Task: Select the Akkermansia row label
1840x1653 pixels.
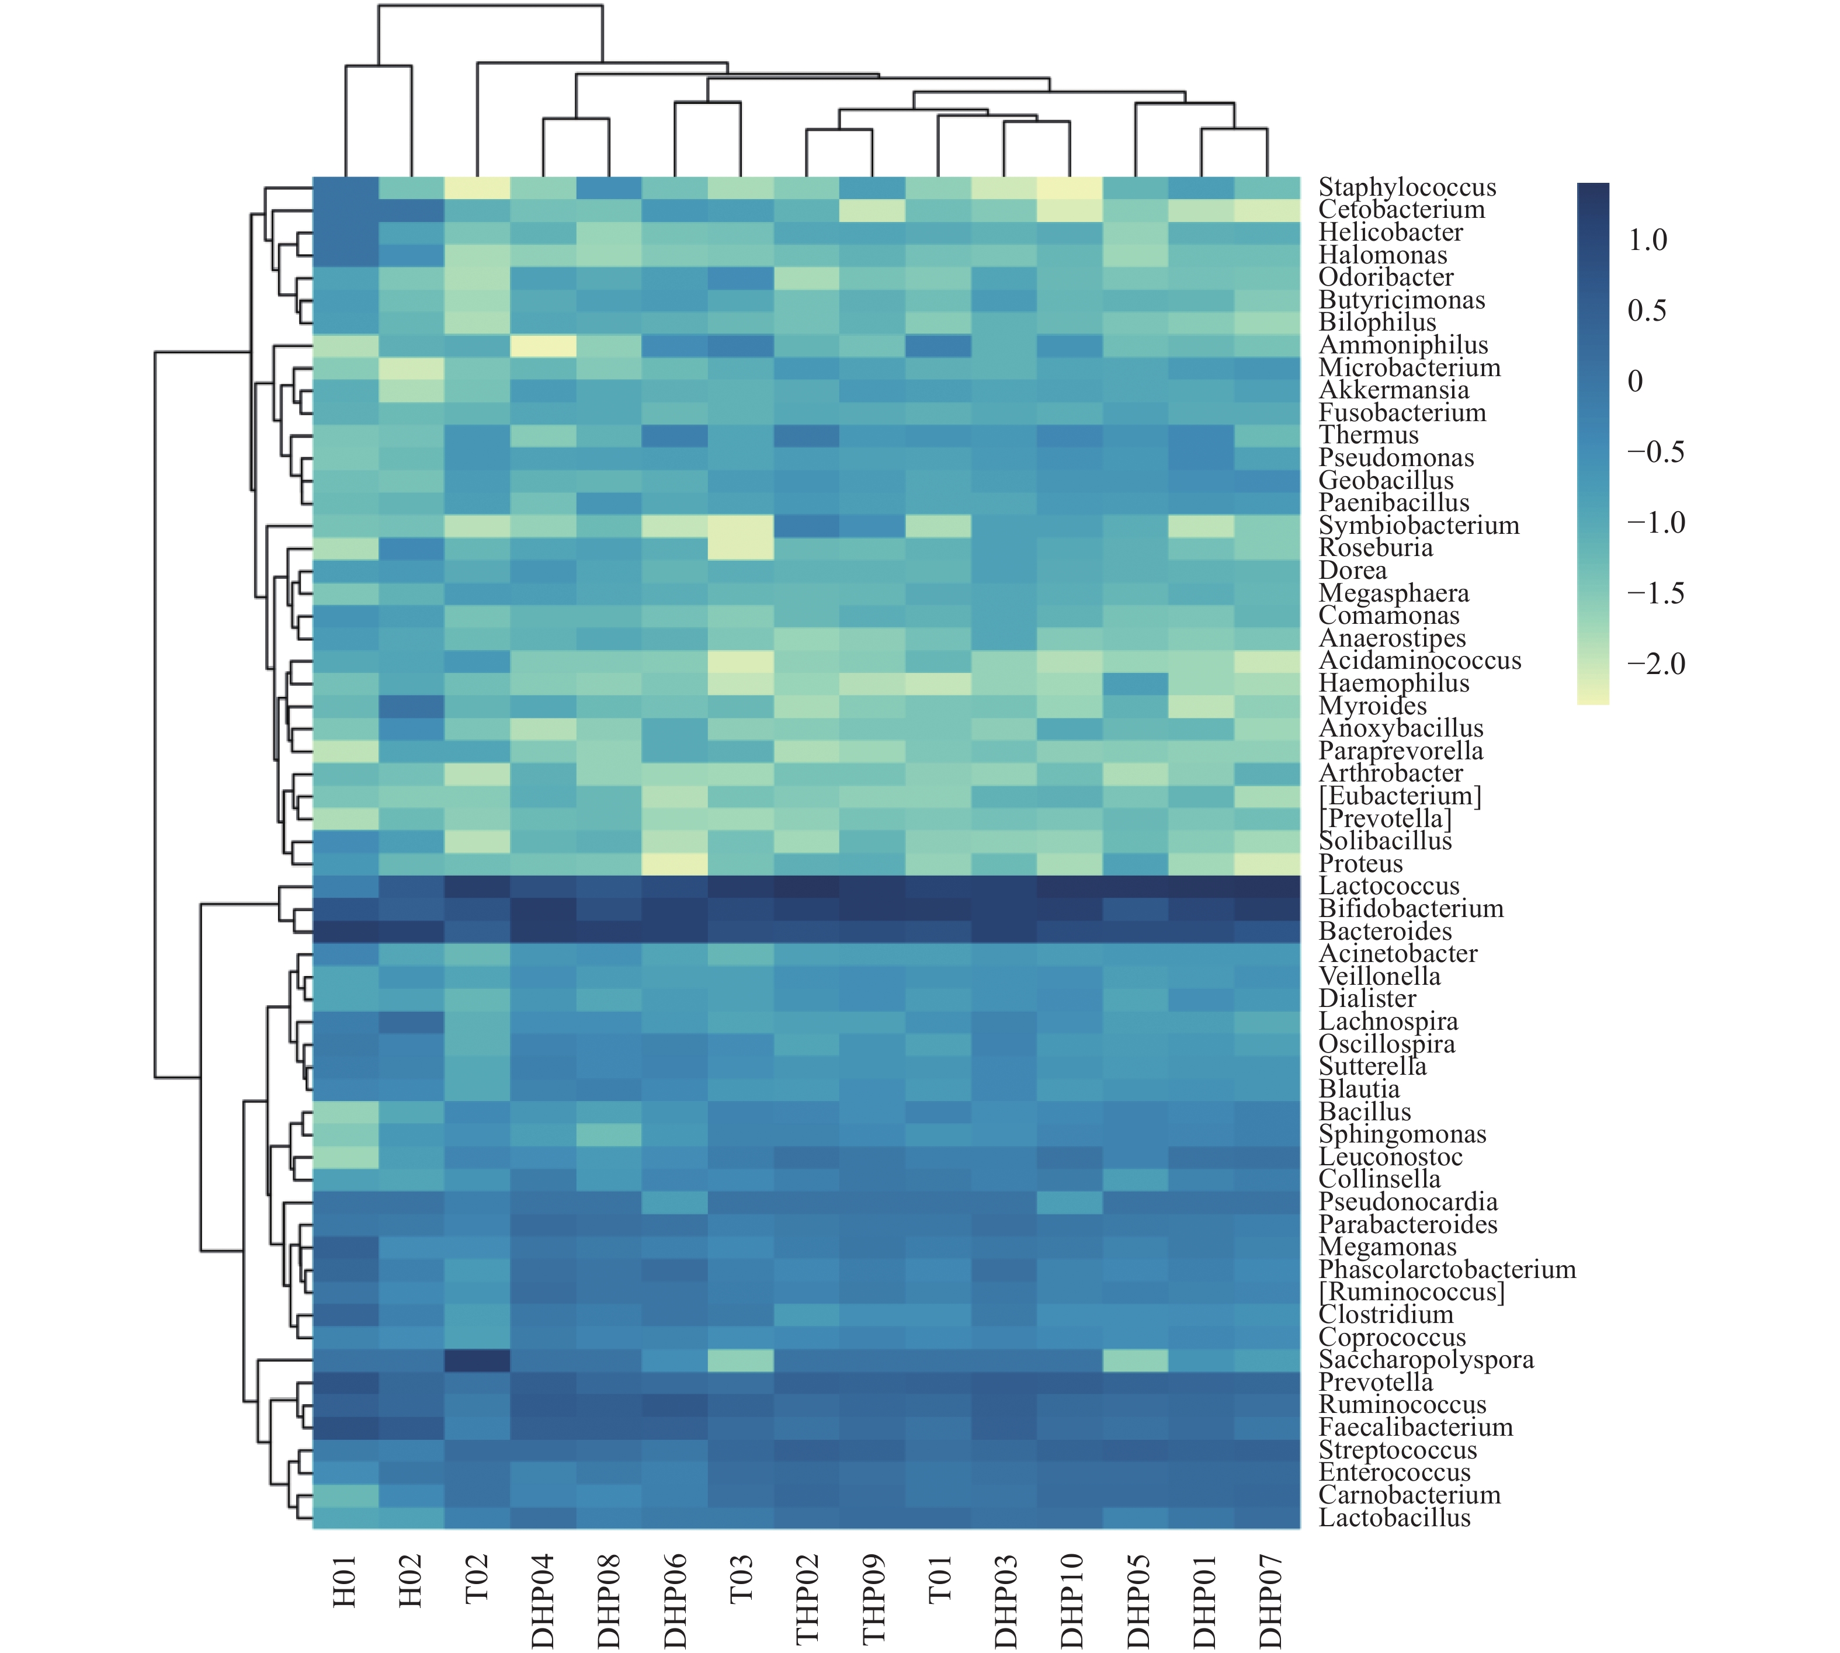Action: click(1393, 391)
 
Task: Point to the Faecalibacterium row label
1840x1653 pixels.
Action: click(1415, 1428)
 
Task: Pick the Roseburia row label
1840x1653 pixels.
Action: click(1375, 548)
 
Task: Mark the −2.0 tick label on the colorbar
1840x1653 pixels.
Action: click(1655, 664)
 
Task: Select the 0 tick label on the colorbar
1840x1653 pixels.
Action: click(1635, 381)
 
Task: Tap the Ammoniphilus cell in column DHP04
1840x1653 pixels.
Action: click(543, 346)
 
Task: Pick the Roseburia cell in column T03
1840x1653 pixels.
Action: click(741, 548)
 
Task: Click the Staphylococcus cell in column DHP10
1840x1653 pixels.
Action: click(1072, 188)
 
